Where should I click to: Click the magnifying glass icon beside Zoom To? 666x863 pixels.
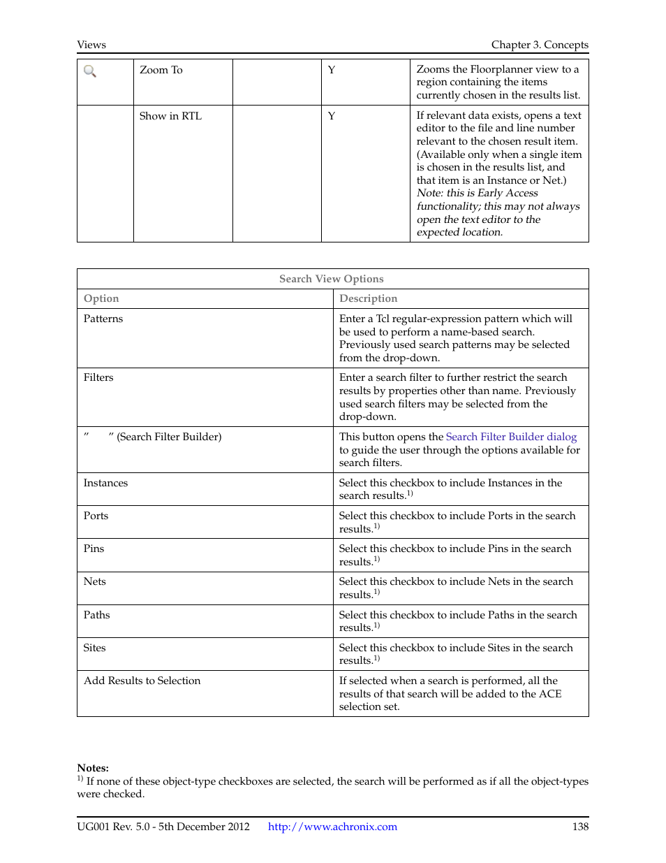point(90,71)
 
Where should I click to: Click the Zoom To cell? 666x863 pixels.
point(161,70)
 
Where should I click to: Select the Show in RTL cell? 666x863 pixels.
point(170,116)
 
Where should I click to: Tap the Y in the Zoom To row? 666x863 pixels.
point(332,70)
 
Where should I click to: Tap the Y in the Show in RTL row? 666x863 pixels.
point(332,116)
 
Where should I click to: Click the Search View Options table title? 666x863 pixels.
point(332,279)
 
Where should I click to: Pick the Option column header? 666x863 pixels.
point(101,298)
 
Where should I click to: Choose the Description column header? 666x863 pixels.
point(368,298)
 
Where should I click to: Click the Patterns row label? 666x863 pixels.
point(103,319)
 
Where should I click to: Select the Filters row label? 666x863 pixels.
point(98,377)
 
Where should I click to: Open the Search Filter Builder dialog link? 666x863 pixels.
point(511,437)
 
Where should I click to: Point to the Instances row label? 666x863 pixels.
point(105,483)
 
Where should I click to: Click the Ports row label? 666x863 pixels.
point(96,516)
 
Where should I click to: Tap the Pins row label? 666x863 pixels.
point(94,549)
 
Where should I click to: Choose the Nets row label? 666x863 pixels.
point(95,581)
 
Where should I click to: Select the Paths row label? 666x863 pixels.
point(96,615)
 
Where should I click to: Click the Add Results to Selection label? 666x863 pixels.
point(142,681)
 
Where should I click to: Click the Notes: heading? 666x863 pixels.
point(93,768)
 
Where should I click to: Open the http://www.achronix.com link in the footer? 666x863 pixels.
point(332,827)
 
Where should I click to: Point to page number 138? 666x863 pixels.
point(580,827)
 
